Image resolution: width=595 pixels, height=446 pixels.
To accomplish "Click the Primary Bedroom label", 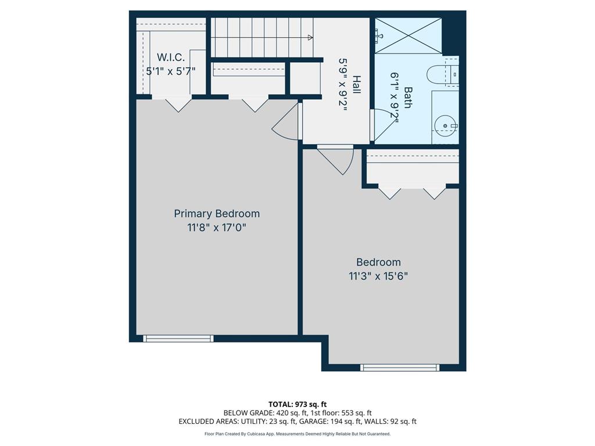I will [x=217, y=214].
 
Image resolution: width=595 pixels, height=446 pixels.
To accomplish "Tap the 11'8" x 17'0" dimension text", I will [x=217, y=228].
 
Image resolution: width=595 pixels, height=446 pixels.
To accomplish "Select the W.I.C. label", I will [x=171, y=57].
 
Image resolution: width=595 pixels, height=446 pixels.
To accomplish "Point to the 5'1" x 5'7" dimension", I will [x=171, y=71].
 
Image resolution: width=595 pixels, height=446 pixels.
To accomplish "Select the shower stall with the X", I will [x=408, y=37].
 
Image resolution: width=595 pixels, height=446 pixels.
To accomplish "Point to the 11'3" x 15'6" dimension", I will [x=378, y=276].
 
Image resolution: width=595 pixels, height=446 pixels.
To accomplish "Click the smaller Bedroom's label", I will [x=378, y=262].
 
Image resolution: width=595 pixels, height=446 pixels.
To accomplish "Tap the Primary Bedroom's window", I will [x=178, y=339].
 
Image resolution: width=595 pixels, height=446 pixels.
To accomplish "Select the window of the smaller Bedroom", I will [x=400, y=368].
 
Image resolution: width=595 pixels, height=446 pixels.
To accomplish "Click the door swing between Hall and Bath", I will [x=382, y=124].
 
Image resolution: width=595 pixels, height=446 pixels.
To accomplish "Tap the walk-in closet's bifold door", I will [x=178, y=104].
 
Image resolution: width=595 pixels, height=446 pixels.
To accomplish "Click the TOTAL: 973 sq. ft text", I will [x=297, y=404].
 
